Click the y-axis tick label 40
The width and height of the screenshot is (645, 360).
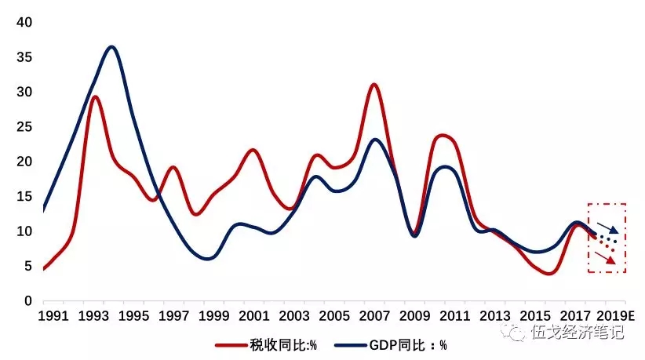[24, 23]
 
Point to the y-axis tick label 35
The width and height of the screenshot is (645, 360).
[24, 57]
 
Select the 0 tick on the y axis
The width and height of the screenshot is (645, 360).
[27, 301]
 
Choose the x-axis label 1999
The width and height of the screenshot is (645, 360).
[214, 316]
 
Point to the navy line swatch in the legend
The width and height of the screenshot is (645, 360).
[354, 344]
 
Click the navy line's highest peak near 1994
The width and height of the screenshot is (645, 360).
[111, 47]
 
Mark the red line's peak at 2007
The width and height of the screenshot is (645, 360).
[374, 84]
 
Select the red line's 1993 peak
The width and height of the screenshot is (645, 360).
[94, 96]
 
